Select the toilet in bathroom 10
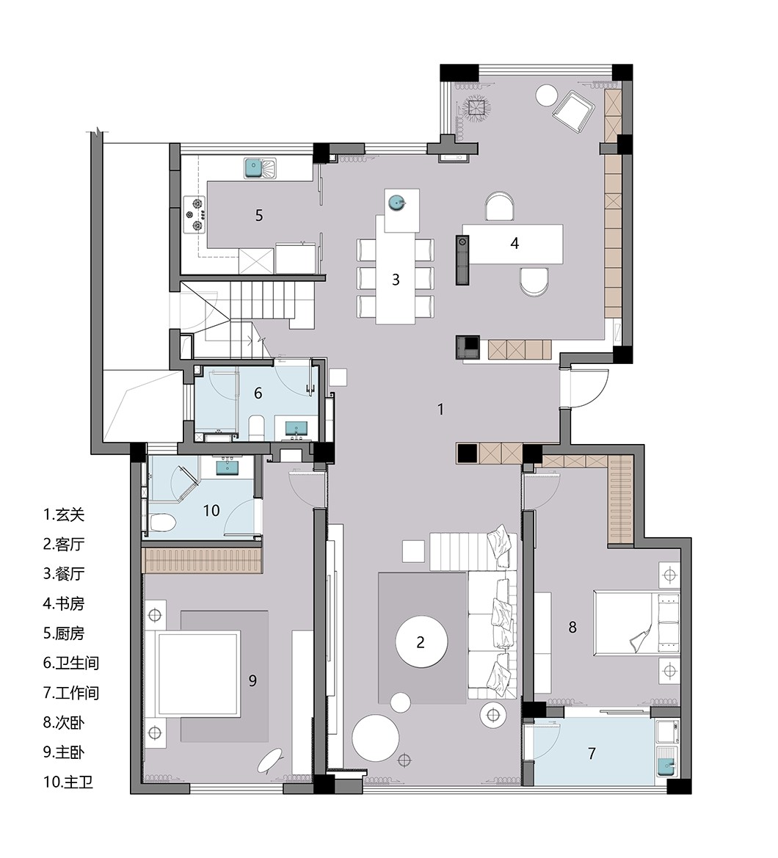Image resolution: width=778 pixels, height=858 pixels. [x=161, y=523]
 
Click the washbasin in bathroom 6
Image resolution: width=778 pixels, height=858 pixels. [x=297, y=428]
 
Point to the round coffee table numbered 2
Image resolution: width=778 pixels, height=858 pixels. [x=421, y=642]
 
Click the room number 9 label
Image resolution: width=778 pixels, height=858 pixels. [x=252, y=680]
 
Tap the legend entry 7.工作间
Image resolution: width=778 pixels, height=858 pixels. [x=71, y=693]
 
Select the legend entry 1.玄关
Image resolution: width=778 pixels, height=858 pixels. [x=64, y=515]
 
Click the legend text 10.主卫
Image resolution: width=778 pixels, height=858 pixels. [x=68, y=782]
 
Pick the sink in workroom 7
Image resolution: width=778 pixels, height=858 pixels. [x=666, y=765]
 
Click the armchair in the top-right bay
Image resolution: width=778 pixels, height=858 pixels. [x=573, y=111]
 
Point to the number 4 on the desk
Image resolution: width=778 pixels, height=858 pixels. [x=515, y=243]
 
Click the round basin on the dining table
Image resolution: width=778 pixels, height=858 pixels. [x=396, y=203]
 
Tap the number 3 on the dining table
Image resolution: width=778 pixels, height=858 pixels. [x=396, y=280]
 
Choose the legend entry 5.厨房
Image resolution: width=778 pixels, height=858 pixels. [x=64, y=633]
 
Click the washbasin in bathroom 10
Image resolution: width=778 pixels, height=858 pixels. [x=227, y=467]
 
